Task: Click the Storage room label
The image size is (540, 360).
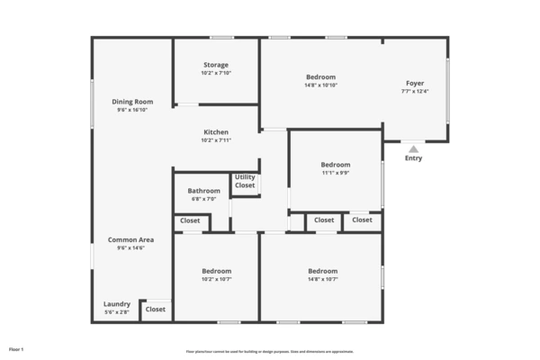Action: (215, 65)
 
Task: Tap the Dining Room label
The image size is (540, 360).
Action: (132, 102)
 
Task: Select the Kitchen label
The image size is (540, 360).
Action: (215, 132)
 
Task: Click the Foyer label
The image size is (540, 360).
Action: (415, 83)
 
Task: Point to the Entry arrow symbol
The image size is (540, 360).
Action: (413, 149)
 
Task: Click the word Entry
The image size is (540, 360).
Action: (413, 158)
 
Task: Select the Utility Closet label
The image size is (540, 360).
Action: (245, 181)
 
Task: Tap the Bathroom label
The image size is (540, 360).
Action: (203, 191)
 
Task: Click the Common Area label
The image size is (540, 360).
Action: (131, 239)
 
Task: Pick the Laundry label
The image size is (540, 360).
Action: (117, 304)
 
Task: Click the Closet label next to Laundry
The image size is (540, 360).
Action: (156, 309)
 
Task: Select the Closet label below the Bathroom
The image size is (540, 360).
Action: (190, 220)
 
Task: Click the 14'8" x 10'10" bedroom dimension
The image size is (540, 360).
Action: (321, 85)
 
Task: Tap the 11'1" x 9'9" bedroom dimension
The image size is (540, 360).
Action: (336, 173)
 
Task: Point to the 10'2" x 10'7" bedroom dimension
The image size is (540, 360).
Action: (216, 279)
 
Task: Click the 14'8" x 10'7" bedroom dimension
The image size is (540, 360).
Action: (322, 279)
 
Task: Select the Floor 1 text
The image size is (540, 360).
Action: (16, 348)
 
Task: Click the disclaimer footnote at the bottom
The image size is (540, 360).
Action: (270, 351)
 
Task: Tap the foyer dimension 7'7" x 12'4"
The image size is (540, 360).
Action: (415, 91)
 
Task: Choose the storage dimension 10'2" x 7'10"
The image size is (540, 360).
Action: (215, 73)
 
